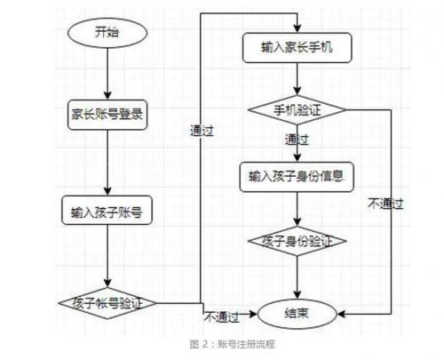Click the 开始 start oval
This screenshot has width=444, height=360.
click(107, 33)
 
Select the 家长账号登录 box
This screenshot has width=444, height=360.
click(107, 115)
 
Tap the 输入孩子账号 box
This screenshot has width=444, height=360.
click(107, 210)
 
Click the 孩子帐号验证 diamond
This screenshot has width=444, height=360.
click(107, 303)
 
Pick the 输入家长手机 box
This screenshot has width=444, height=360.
click(297, 48)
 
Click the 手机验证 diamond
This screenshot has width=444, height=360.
click(297, 109)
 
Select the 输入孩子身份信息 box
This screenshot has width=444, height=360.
click(297, 177)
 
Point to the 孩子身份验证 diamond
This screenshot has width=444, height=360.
click(297, 241)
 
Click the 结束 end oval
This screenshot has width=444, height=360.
click(297, 314)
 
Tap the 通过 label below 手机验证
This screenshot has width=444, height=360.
click(297, 140)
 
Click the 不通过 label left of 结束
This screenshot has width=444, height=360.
click(221, 317)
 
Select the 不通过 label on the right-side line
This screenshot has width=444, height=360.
click(385, 204)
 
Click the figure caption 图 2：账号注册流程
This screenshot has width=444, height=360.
click(233, 344)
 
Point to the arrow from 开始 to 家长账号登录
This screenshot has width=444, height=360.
click(107, 74)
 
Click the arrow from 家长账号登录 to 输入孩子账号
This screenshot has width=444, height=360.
click(107, 163)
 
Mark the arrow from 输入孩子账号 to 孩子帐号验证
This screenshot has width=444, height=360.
click(107, 256)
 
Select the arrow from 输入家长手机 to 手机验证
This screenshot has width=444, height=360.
click(297, 79)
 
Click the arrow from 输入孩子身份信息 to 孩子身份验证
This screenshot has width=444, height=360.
click(297, 209)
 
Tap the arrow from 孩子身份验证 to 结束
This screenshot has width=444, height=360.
click(297, 277)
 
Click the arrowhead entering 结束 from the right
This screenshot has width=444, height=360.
click(341, 314)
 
